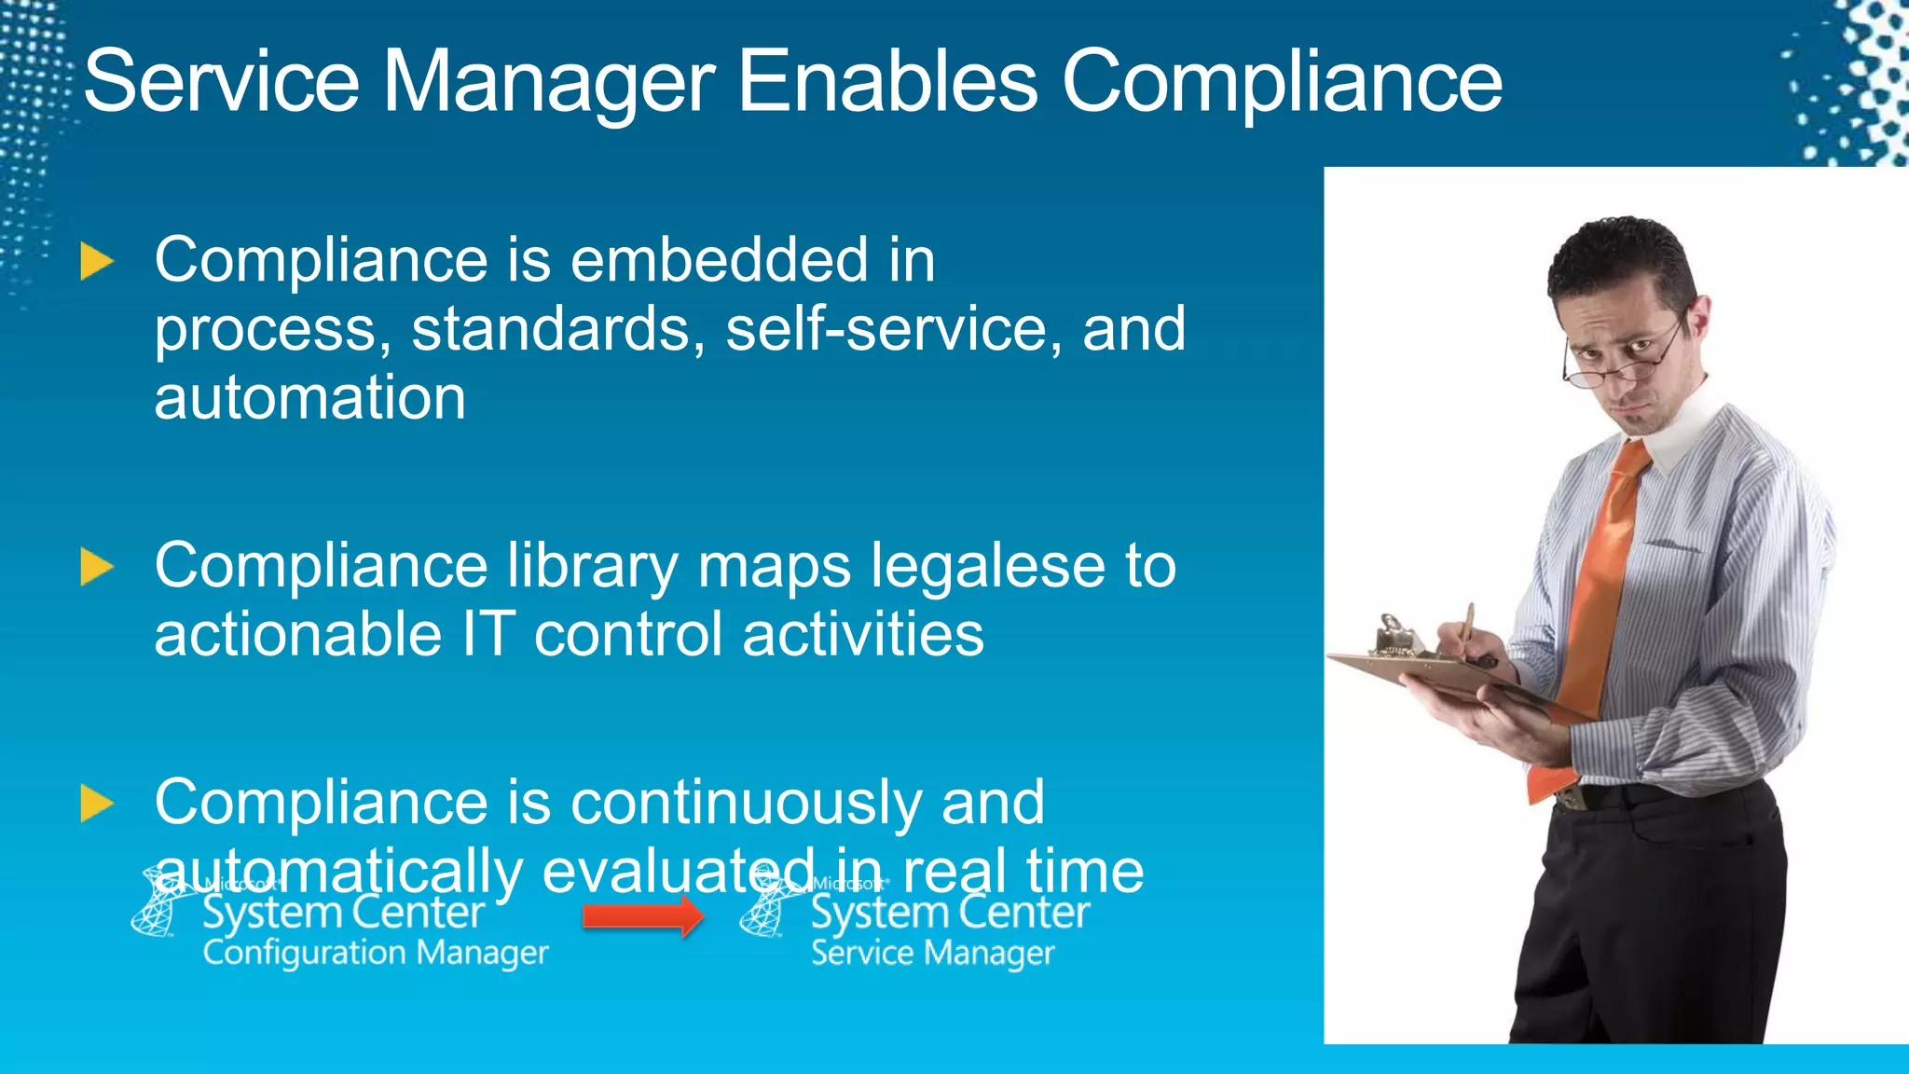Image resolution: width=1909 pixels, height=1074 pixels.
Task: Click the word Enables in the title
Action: (887, 81)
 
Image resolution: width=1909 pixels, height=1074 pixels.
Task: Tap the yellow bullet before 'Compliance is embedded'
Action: (96, 261)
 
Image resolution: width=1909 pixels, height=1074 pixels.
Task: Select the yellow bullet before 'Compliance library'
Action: (96, 567)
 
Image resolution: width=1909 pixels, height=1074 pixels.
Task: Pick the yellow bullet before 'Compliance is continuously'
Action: (96, 804)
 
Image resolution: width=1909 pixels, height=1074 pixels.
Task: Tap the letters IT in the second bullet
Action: (488, 635)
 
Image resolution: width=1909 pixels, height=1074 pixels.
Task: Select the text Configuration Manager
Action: (375, 953)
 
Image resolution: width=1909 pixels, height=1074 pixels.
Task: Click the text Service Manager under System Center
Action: (932, 953)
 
